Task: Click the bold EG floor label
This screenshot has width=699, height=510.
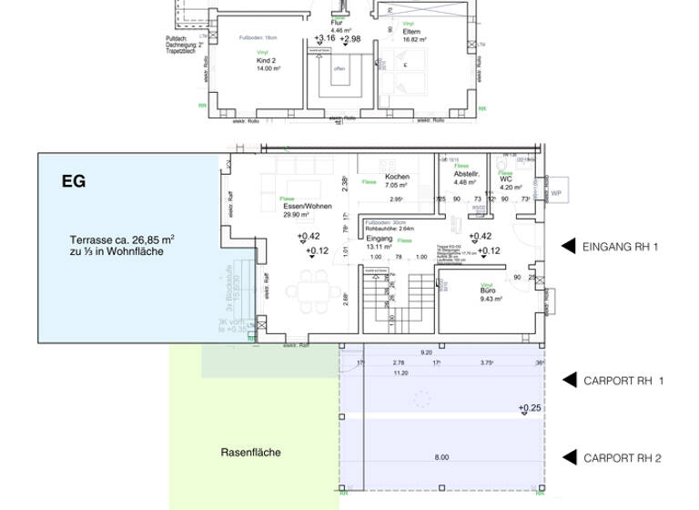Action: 74,181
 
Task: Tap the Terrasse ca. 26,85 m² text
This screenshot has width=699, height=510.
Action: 122,240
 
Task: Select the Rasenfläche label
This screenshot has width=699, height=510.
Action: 250,452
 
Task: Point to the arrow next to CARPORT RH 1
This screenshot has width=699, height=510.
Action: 568,380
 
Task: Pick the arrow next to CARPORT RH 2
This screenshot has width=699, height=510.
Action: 568,458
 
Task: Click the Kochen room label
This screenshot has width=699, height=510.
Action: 397,177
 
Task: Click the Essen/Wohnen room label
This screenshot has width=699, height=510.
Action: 307,207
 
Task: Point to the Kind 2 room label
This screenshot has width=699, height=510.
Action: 267,60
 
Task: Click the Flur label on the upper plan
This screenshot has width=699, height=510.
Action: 337,22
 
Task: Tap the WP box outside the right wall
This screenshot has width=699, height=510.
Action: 554,194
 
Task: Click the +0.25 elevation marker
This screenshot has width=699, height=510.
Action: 530,408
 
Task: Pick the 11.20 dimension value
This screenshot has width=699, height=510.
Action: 400,372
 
